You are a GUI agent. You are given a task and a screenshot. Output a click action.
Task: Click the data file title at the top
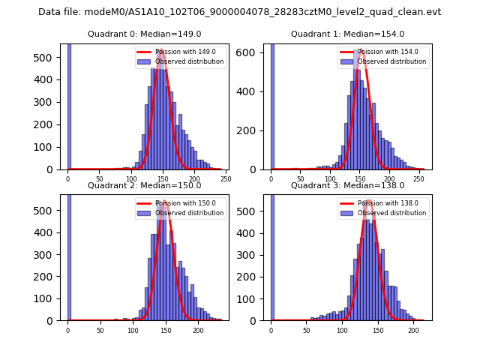239,12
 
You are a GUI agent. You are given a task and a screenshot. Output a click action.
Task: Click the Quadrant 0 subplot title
144,34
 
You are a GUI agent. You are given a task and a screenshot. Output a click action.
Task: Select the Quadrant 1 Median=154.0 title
347,34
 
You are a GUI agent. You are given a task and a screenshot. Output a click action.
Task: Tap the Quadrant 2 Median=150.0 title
144,185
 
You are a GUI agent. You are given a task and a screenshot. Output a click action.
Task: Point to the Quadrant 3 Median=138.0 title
347,185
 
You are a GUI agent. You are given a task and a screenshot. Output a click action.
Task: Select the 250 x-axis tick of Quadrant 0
226,179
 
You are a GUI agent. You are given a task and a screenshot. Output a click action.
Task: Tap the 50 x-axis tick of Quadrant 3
307,330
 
